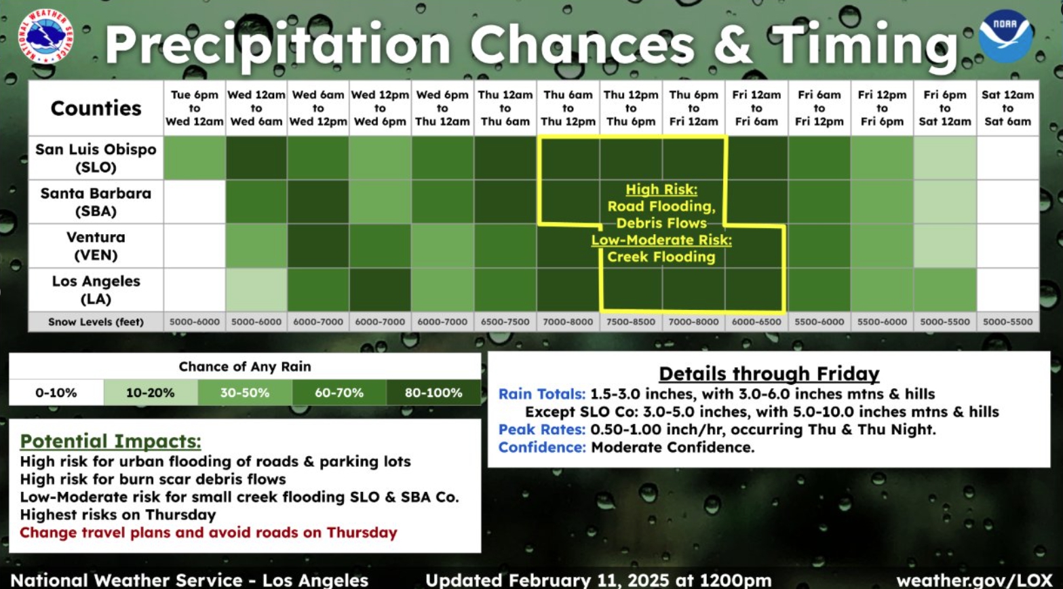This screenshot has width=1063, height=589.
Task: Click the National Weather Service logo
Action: [45, 36]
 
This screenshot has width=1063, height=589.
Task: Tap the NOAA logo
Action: [1005, 36]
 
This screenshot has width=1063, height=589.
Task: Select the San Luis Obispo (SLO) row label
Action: [96, 158]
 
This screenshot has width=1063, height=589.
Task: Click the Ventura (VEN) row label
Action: [96, 246]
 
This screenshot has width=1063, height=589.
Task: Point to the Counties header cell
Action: [96, 108]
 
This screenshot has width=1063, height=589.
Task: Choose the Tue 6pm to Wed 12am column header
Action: [195, 108]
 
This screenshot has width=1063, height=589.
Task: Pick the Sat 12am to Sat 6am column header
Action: [1008, 108]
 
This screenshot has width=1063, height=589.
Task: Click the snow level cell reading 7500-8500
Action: [631, 322]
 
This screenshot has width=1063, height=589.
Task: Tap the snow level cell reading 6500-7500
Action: [505, 322]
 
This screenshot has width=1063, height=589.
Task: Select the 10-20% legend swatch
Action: [151, 392]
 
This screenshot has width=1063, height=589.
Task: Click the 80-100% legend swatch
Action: [433, 392]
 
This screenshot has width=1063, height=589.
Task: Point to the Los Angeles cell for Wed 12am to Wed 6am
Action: [256, 290]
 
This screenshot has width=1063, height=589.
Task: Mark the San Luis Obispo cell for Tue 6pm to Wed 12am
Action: [195, 158]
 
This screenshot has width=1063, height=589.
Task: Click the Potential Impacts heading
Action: [111, 441]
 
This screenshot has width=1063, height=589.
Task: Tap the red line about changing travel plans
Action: [208, 533]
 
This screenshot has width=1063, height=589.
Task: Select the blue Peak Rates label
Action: [542, 430]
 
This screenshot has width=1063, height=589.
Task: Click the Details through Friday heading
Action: [769, 374]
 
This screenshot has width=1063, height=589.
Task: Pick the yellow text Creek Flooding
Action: [661, 256]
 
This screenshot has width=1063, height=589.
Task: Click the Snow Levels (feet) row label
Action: [96, 322]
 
